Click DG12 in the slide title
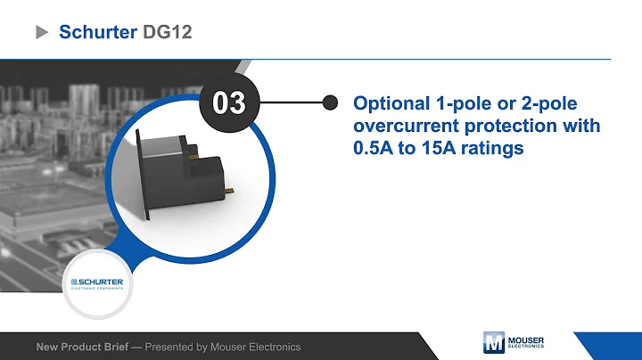(168, 32)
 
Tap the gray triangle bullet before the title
(41, 33)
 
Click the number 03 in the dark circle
(227, 102)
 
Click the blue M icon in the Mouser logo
(493, 344)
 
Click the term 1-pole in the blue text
(461, 102)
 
